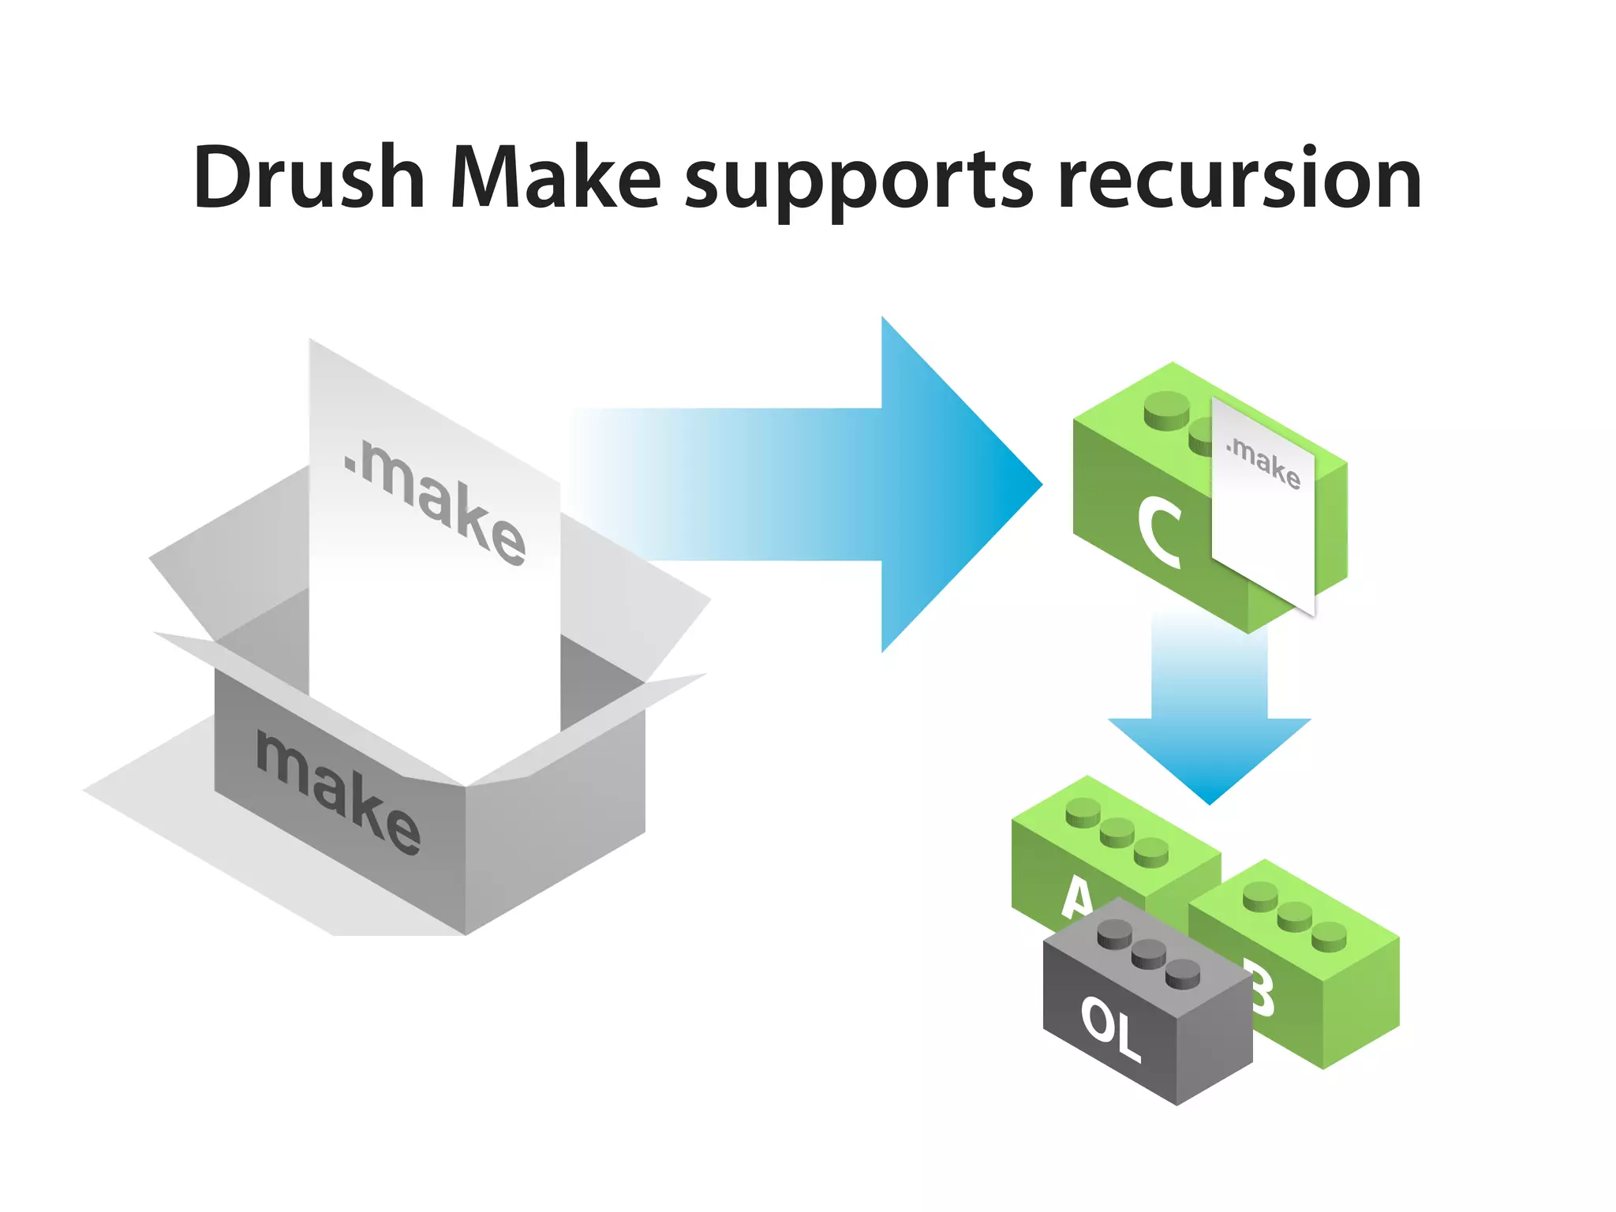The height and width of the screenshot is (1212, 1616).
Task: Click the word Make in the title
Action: point(555,178)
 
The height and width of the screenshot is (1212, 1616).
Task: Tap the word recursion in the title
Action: point(1239,180)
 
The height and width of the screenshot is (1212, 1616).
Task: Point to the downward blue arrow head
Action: point(1209,757)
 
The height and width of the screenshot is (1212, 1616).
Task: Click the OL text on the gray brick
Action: point(1111,1027)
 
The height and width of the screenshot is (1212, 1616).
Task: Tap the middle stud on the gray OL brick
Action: point(1148,956)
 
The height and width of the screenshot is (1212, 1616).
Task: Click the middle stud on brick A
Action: point(1117,832)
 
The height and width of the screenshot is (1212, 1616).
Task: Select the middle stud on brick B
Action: point(1294,916)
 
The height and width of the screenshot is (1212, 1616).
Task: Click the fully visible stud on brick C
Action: point(1166,410)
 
